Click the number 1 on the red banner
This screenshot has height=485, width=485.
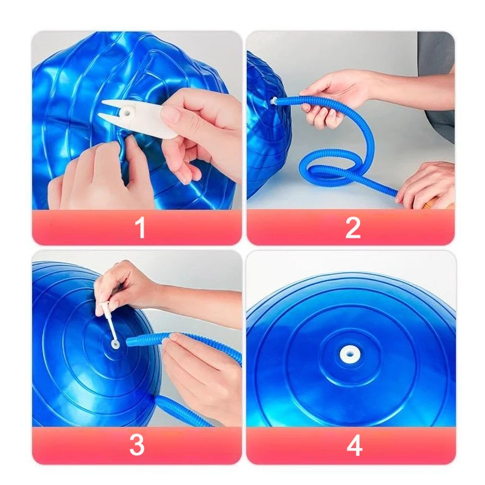coord(141,228)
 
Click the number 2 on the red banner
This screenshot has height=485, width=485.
coord(353,228)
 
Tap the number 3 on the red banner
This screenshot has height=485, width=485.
coord(137,446)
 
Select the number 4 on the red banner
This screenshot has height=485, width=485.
coord(354,446)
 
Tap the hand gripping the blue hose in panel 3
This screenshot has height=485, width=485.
coord(194,370)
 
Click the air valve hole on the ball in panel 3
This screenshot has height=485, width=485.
coord(115,344)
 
